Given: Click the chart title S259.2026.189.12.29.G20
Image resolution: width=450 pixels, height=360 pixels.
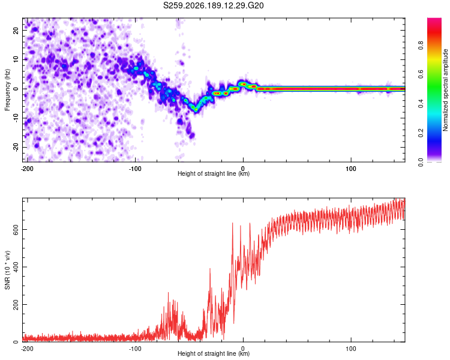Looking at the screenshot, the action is click(213, 5).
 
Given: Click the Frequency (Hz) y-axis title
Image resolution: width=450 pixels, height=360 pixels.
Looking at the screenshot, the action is click(7, 90).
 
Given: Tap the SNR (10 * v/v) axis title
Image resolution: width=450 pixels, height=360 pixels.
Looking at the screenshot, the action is click(7, 270).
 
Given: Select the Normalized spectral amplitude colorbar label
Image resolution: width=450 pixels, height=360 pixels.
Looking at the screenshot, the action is click(445, 90).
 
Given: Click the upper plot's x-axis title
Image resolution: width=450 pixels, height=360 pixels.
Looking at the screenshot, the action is click(214, 173).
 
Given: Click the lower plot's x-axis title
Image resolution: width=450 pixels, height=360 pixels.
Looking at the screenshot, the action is click(214, 353).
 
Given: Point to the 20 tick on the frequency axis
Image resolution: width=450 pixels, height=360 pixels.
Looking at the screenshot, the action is click(16, 31).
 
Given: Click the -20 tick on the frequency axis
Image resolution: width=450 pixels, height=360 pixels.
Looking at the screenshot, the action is click(16, 147).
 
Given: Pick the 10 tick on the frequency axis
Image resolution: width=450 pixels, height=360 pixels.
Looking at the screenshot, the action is click(16, 59).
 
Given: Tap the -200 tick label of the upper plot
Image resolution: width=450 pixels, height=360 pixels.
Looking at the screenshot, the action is click(27, 169).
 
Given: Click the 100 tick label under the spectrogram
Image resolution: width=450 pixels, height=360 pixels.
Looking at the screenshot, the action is click(351, 169).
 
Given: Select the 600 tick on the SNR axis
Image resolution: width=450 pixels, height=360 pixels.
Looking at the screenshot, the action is click(16, 230).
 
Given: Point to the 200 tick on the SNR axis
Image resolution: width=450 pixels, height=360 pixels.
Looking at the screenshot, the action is click(16, 305).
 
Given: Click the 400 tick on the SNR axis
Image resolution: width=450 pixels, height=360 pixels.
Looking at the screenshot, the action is click(16, 267).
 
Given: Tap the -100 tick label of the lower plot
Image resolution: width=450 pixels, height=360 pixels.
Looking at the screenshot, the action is click(135, 349).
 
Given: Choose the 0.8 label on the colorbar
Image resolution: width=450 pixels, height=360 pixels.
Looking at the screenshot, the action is click(421, 45).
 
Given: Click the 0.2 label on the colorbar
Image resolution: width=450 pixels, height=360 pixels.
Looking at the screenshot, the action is click(421, 133).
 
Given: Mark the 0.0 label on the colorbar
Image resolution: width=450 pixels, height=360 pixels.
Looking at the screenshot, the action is click(421, 163).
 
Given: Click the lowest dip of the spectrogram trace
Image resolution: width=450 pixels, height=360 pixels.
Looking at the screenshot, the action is click(196, 110).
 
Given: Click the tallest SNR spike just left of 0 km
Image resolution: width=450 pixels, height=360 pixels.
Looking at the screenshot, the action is click(232, 223).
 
